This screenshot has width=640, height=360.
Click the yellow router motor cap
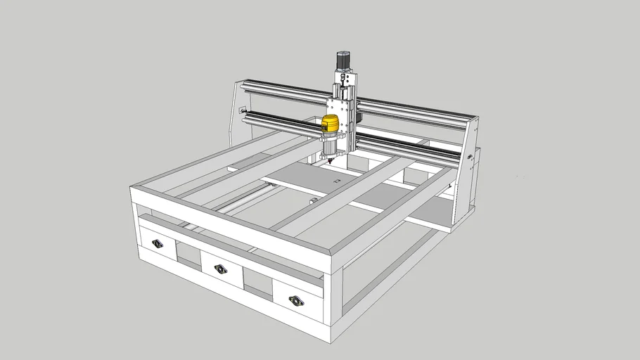[330, 124]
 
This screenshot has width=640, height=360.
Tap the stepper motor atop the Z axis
[343, 61]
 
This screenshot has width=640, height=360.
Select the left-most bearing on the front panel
[157, 244]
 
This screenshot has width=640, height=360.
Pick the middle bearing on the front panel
[221, 269]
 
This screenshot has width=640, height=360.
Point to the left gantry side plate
[236, 112]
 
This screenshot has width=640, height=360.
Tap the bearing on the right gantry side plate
[469, 157]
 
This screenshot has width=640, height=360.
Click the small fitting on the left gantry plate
[242, 110]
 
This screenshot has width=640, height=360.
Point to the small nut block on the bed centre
[335, 181]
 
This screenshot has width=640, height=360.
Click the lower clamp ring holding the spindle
[329, 150]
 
